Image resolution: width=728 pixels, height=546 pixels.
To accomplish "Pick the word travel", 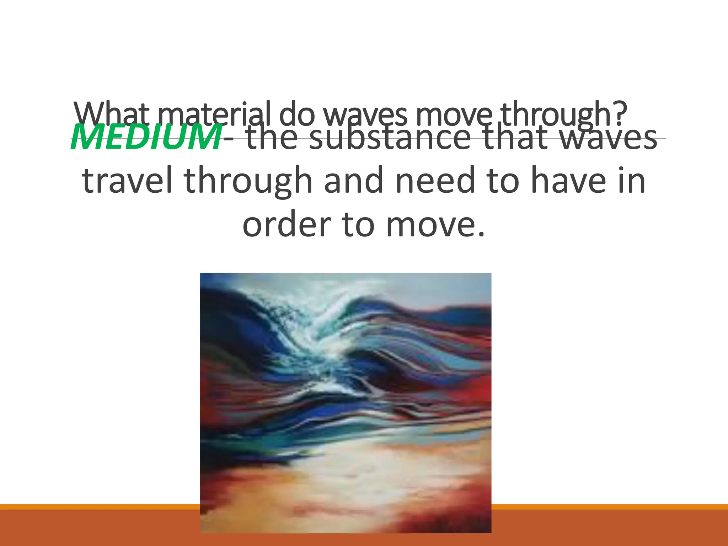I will pos(127,181).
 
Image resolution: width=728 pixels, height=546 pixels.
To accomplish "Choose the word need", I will pos(435,181).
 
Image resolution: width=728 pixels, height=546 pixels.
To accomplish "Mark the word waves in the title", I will pos(366,114).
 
